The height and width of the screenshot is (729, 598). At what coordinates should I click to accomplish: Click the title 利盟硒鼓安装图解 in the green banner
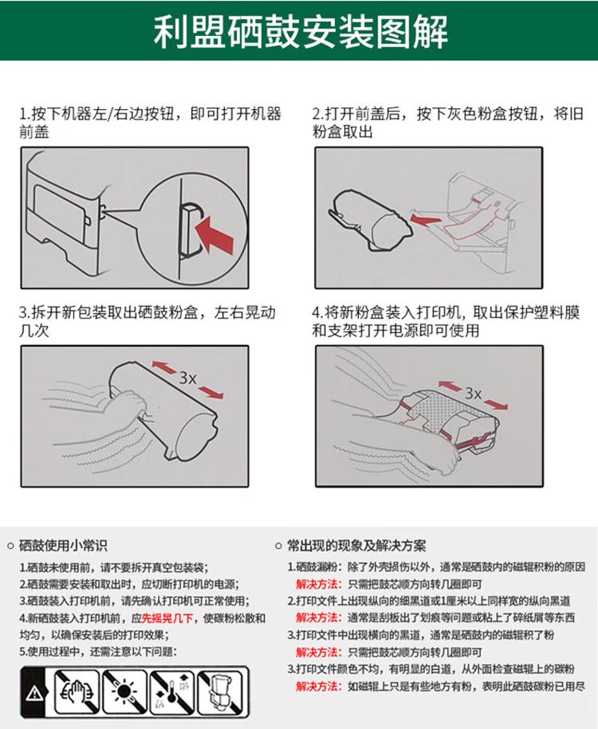point(301,32)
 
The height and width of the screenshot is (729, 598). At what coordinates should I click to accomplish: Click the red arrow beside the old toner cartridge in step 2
point(424,218)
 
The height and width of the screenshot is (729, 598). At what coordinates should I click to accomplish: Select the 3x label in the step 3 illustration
point(187,378)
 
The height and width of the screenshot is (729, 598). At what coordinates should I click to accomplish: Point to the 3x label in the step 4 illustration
point(474,394)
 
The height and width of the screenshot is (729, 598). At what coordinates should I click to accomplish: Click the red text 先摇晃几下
point(167,618)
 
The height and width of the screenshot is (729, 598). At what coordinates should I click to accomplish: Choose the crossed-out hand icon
point(77,692)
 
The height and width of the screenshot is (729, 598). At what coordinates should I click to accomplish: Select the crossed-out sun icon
point(124,692)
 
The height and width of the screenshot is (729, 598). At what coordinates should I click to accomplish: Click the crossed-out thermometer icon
point(173,692)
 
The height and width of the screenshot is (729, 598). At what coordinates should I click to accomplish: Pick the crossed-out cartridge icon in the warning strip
point(220,692)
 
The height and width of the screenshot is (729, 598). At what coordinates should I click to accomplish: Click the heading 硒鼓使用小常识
point(63,545)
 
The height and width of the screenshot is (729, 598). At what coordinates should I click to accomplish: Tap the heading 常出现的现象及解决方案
point(356,545)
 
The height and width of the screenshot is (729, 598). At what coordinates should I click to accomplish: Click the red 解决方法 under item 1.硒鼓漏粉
point(318,584)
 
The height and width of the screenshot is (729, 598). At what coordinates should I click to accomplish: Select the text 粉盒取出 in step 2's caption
point(343,132)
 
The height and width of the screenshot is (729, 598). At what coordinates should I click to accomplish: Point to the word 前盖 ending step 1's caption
point(34,132)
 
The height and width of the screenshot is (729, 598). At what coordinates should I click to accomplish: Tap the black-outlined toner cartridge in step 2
point(371,221)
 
